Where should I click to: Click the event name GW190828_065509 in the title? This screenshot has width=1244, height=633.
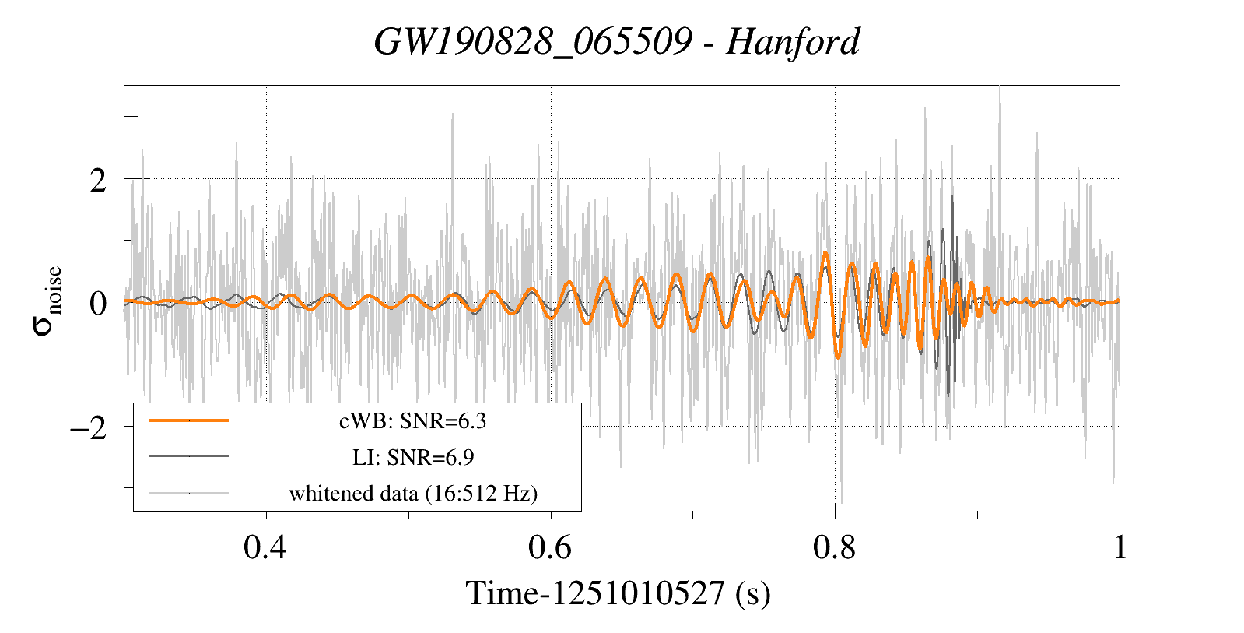(532, 41)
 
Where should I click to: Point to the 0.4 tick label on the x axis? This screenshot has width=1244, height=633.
(265, 548)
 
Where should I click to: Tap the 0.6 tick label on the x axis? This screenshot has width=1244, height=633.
(550, 548)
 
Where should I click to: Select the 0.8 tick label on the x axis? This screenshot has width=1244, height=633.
(835, 548)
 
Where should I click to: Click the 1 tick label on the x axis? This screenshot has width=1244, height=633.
(1120, 548)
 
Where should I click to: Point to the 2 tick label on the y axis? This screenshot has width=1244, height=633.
(97, 180)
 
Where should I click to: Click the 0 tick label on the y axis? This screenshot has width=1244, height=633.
(97, 303)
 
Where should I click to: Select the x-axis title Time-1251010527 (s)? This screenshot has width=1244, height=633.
(618, 593)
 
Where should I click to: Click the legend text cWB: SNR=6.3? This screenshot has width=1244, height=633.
(412, 421)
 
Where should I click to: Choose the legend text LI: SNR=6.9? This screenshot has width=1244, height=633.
(412, 457)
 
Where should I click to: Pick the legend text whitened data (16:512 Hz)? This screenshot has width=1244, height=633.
(413, 493)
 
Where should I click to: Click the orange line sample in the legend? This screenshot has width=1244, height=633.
(189, 420)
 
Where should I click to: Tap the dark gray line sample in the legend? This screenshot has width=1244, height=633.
(189, 456)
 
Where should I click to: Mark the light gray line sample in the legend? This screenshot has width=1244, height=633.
(189, 492)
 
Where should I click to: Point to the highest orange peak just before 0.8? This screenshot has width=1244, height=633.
(825, 253)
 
